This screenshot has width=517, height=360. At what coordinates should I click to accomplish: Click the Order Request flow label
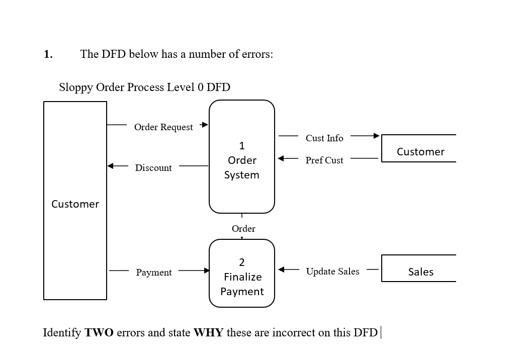point(163,127)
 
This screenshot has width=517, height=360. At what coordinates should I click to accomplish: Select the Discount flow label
point(153,168)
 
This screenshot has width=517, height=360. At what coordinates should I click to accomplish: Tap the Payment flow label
point(154,273)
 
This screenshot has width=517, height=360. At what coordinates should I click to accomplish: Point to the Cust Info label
point(324,138)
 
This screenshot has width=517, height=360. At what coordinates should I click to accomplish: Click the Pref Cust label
point(324,160)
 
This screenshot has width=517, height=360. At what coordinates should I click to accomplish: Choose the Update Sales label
point(332,272)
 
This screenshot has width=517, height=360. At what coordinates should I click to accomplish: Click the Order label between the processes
point(243,229)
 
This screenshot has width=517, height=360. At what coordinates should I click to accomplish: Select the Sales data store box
point(420,268)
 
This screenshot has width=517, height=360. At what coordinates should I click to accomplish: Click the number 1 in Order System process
point(242,146)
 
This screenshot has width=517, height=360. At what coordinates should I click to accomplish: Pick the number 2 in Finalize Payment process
point(242,262)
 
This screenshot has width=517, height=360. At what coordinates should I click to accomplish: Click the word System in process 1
point(242,175)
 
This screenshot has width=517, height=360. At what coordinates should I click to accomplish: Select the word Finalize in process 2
point(242,277)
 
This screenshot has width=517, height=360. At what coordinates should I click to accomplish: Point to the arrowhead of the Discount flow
point(111,165)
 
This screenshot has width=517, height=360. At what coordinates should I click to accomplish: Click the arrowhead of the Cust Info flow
point(376,136)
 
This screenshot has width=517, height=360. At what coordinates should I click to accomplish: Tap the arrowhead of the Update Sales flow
point(282,269)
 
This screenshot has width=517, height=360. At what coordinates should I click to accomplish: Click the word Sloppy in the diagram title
point(76,87)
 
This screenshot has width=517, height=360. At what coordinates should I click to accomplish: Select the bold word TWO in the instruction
point(99,333)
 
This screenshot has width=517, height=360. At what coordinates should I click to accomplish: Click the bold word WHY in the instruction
point(208,333)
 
